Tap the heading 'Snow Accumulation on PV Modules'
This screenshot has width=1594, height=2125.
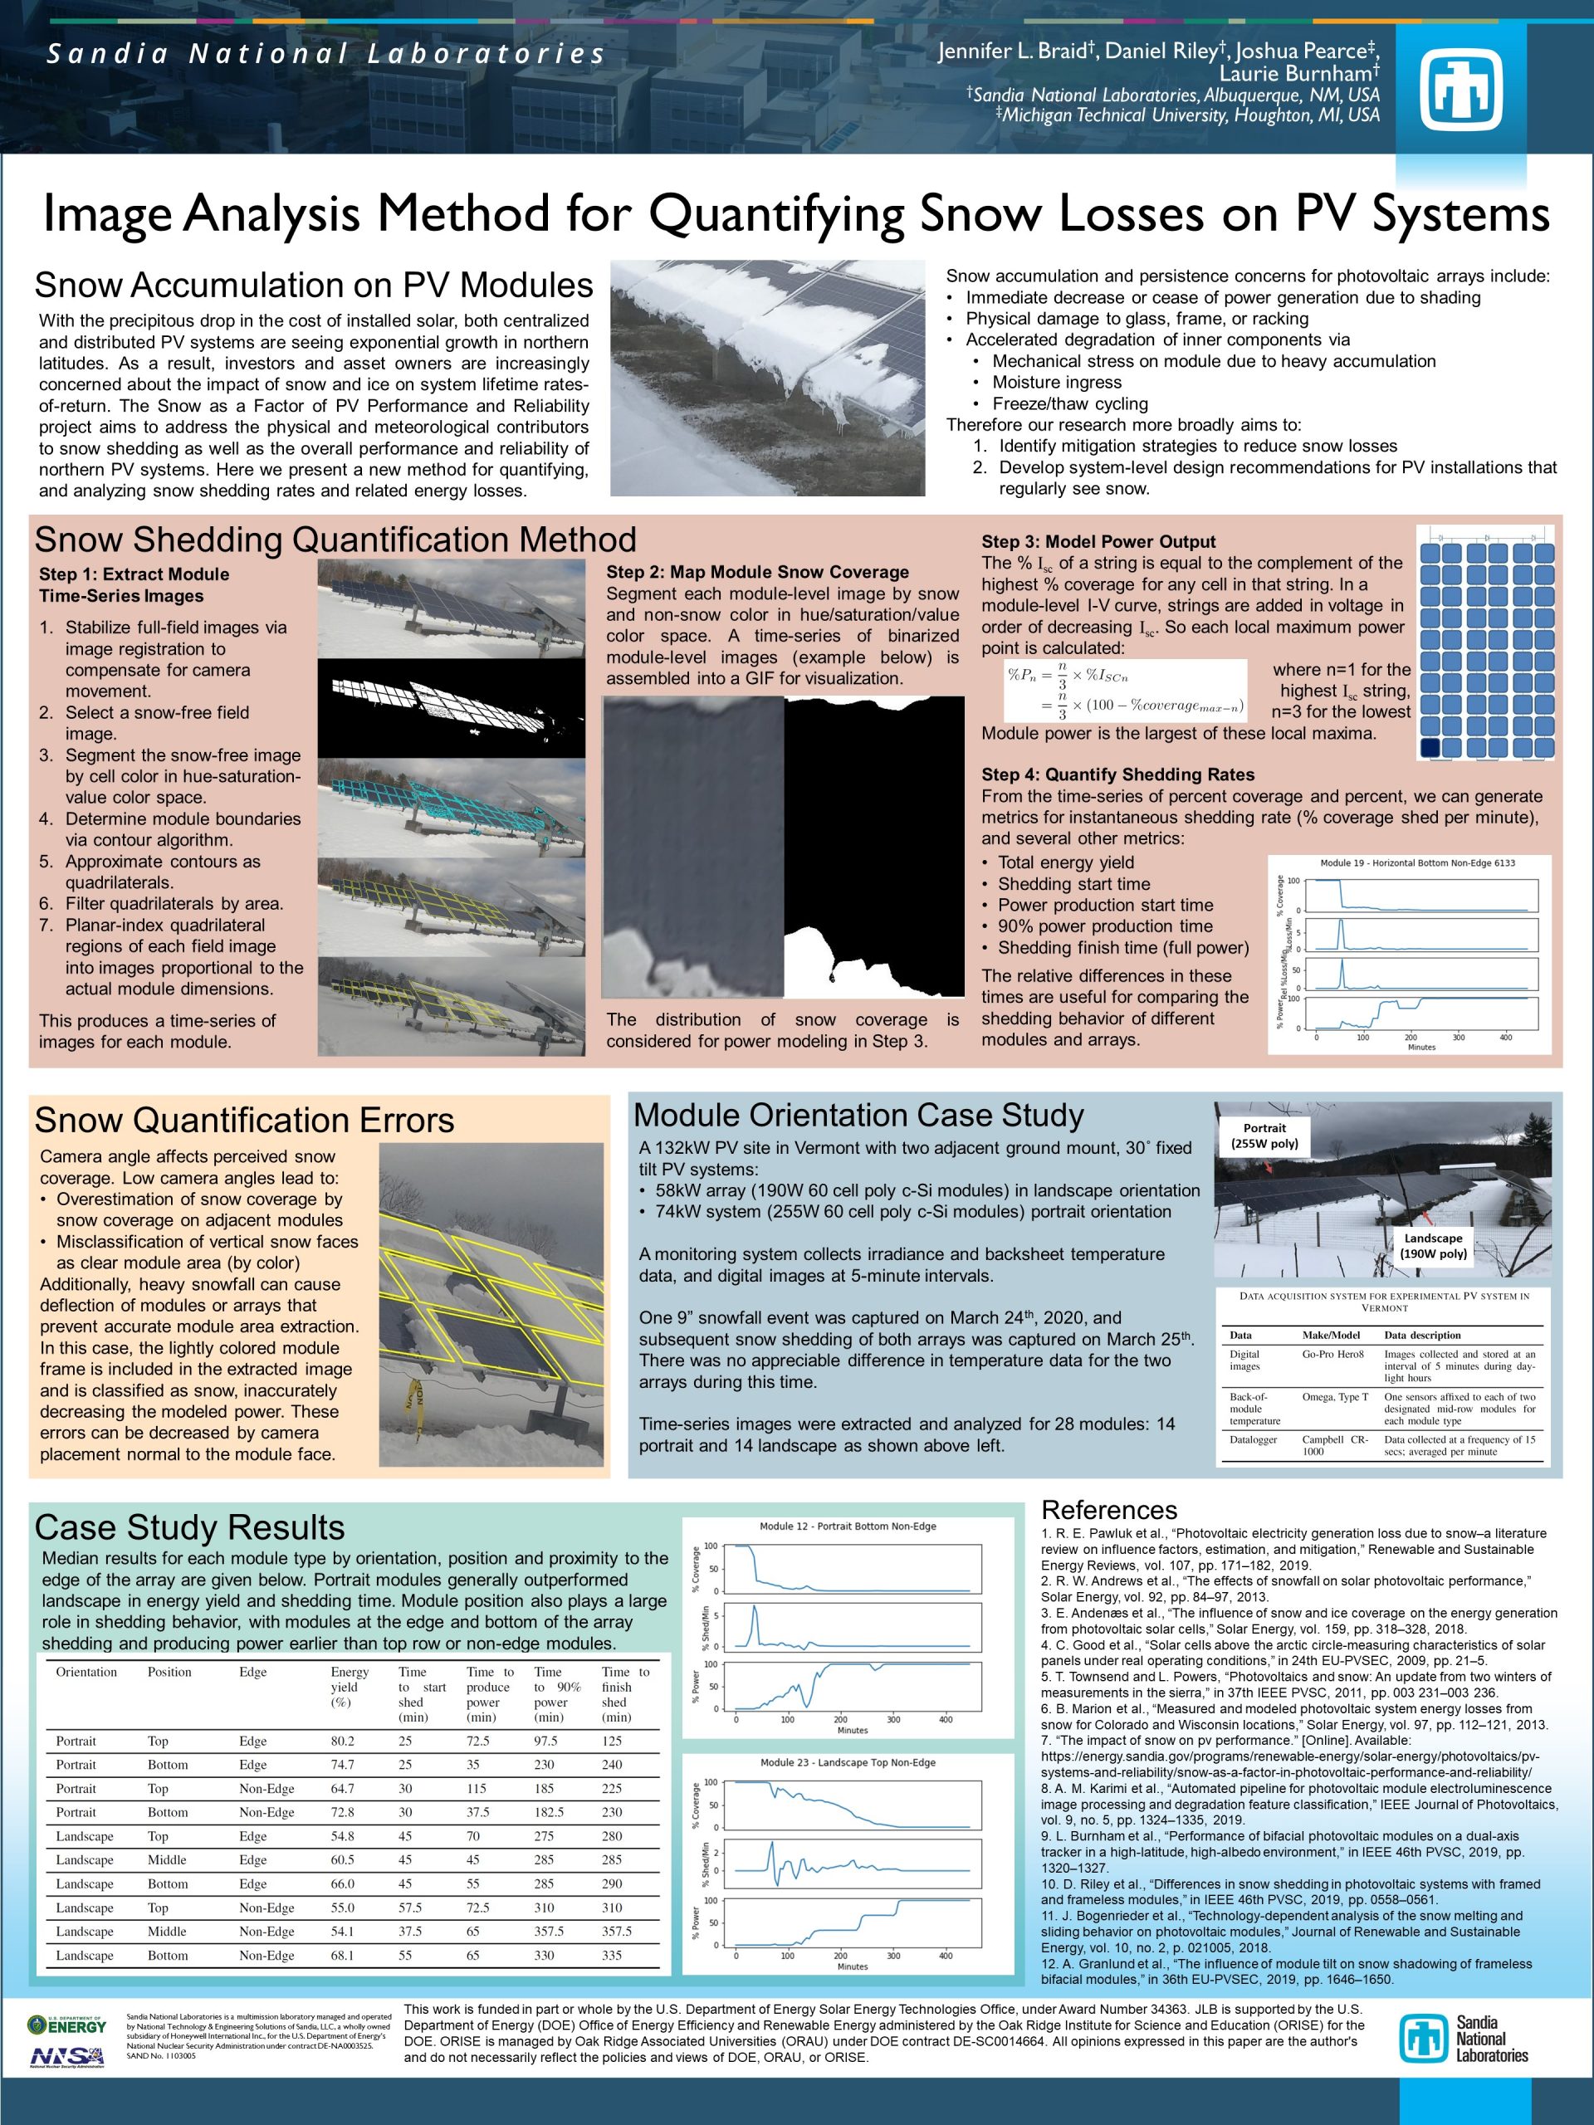point(313,286)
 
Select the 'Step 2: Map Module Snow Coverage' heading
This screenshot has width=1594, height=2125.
point(757,572)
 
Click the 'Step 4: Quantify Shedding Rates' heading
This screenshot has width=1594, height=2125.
point(1117,774)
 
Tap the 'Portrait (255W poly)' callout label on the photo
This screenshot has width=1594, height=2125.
point(1264,1136)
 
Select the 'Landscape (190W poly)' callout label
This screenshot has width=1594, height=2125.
point(1433,1246)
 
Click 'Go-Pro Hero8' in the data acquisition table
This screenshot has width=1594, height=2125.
point(1332,1354)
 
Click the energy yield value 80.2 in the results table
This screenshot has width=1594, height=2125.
point(342,1741)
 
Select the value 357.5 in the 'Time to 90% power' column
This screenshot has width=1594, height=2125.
point(549,1931)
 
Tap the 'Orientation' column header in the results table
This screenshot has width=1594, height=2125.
point(86,1672)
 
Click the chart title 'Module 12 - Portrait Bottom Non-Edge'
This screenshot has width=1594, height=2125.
point(848,1526)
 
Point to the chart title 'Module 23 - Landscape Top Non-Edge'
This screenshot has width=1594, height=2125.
point(848,1762)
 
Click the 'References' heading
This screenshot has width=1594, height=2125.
point(1109,1510)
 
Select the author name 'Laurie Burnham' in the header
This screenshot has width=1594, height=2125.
point(1299,73)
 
